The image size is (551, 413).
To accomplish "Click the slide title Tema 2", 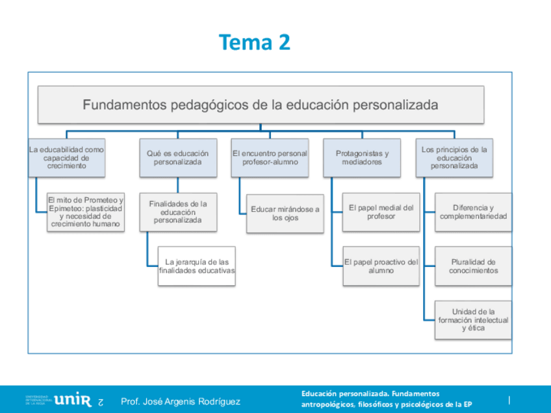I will (x=255, y=42).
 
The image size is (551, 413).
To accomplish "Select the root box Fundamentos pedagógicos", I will (x=261, y=105).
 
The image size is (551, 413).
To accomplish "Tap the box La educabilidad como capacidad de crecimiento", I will (x=66, y=158).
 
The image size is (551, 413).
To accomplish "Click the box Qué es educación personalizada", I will (x=177, y=158).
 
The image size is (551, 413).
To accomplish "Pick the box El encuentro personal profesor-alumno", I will (x=270, y=158).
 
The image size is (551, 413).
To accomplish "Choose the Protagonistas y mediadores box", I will (x=362, y=158).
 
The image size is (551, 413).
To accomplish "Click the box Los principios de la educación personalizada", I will (x=454, y=158).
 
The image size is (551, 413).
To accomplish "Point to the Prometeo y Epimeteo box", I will (x=85, y=212).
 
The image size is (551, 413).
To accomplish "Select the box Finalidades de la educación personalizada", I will (x=177, y=212).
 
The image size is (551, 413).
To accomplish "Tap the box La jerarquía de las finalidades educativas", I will (x=196, y=266).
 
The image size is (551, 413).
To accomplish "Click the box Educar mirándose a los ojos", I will (x=285, y=214).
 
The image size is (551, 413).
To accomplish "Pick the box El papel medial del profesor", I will (x=381, y=212).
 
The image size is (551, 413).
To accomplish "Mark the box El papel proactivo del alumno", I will (x=381, y=266).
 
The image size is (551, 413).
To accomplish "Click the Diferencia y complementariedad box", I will (x=473, y=212).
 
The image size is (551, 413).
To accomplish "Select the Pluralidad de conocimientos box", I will (x=473, y=266).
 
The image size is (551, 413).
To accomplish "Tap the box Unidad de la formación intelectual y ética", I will (x=473, y=319).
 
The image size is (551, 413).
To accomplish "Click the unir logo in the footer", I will (x=73, y=400).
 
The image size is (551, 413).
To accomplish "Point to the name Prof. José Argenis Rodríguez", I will (x=181, y=401).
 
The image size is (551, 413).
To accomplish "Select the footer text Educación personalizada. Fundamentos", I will (x=370, y=394).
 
